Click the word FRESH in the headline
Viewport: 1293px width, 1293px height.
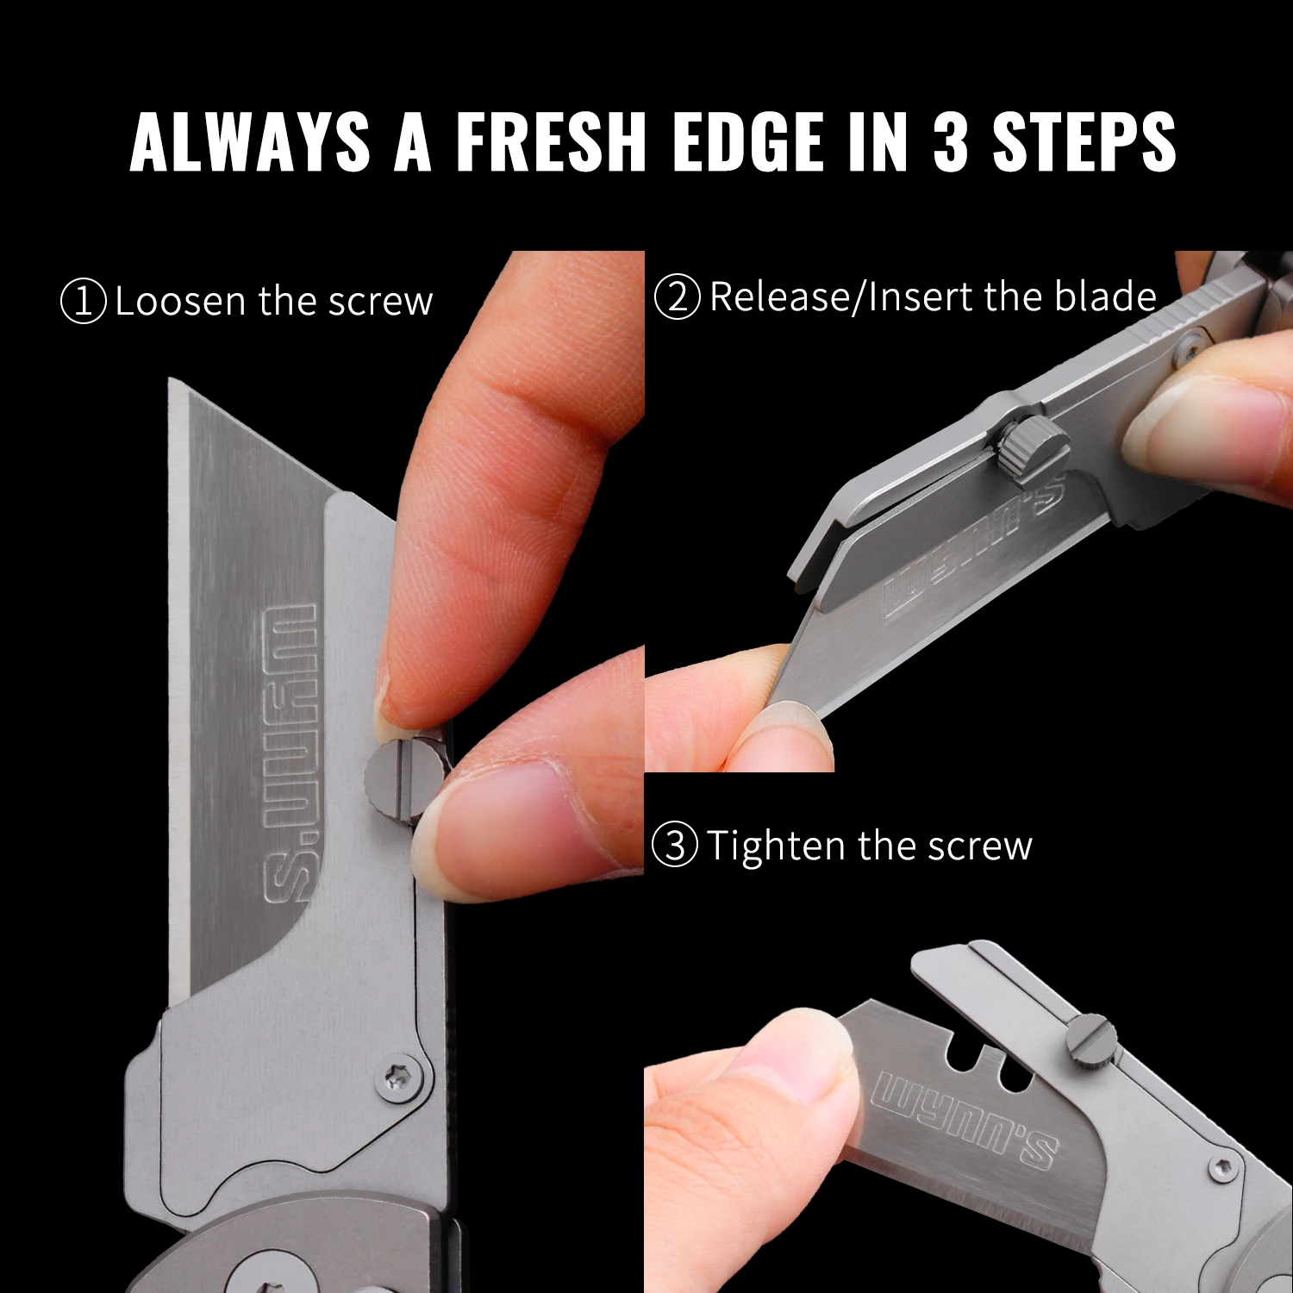pos(551,141)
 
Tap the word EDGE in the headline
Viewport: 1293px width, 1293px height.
pos(748,141)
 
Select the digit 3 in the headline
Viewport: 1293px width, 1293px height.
pos(951,141)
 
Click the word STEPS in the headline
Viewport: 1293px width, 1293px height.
pos(1084,141)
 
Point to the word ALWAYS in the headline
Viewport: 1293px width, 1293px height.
pos(250,141)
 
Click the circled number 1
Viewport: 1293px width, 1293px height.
pos(84,301)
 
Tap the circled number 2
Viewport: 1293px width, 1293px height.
pos(678,297)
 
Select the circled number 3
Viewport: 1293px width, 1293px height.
pos(675,845)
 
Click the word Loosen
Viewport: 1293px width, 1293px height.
pos(181,301)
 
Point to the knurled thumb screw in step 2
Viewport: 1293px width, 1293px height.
pos(1033,445)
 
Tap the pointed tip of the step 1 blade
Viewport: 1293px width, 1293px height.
pos(171,379)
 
